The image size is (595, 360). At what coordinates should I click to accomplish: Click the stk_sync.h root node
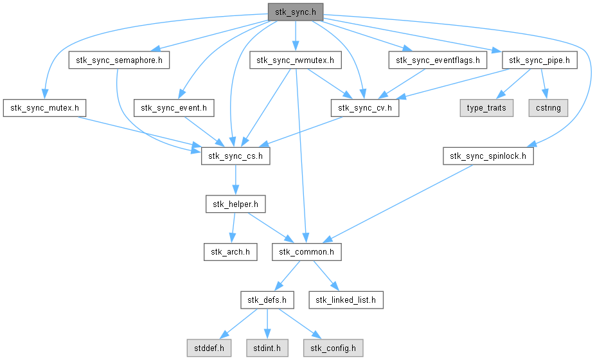[x=296, y=11]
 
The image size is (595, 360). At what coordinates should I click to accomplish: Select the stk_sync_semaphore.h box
[x=119, y=60]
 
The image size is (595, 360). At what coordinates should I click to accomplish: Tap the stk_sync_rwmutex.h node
[x=296, y=60]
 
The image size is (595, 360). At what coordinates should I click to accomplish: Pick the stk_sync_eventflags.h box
[x=438, y=60]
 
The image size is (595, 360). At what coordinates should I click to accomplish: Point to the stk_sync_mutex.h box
[x=44, y=107]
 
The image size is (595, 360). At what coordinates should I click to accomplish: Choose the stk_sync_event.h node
[x=173, y=107]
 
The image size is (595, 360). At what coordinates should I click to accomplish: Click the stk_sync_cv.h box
[x=365, y=107]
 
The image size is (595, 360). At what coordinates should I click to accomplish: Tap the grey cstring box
[x=547, y=107]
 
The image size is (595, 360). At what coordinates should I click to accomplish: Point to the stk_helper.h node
[x=235, y=204]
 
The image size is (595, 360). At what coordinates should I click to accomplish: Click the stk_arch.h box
[x=230, y=251]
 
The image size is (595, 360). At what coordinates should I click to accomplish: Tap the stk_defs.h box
[x=267, y=299]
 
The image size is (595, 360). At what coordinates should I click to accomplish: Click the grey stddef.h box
[x=206, y=348]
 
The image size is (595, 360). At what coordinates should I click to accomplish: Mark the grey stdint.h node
[x=267, y=348]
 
